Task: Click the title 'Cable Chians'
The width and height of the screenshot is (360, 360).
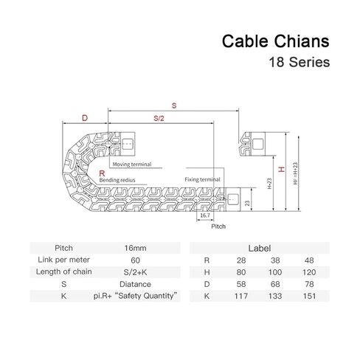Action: coord(275,41)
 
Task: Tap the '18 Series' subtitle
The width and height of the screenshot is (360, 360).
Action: coord(300,62)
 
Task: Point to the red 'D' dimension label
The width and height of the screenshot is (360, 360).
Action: coord(85,118)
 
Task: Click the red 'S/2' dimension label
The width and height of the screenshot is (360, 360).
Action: coord(159,118)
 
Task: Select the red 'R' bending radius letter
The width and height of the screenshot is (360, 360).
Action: coord(102,173)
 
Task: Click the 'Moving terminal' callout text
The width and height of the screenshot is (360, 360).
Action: coord(132,165)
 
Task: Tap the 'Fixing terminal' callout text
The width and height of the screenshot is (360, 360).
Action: coord(202,179)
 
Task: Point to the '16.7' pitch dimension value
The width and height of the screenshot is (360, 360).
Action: coord(205,215)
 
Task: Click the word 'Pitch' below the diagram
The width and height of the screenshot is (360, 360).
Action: coord(218,226)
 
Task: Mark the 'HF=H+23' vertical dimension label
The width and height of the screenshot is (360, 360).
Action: coord(295,173)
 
